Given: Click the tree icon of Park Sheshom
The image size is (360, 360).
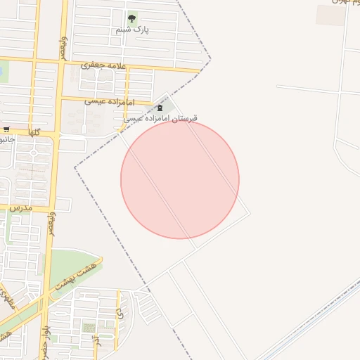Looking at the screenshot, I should pyautogui.click(x=131, y=19).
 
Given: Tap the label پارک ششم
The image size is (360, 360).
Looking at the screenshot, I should pyautogui.click(x=133, y=30).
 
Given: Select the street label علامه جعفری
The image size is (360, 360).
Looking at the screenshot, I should pyautogui.click(x=103, y=65).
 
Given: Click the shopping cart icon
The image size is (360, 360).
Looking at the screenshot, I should pyautogui.click(x=6, y=129).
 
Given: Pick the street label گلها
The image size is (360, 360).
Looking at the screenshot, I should pyautogui.click(x=34, y=132).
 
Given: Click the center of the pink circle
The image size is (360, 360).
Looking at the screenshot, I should pyautogui.click(x=180, y=180).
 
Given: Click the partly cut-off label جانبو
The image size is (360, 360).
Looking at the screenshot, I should pyautogui.click(x=7, y=139).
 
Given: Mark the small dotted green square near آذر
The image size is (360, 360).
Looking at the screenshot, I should pyautogui.click(x=89, y=328).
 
